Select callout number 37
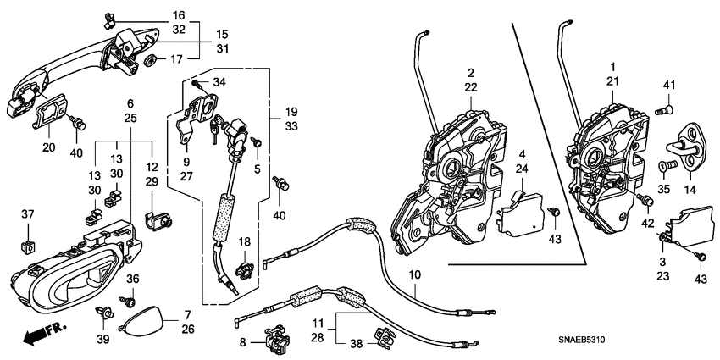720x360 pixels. [27, 213]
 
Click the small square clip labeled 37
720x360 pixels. [27, 243]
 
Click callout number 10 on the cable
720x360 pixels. [414, 275]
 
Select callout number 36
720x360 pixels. [132, 280]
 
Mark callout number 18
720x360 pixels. [243, 242]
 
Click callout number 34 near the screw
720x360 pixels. [219, 82]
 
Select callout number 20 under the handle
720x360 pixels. [48, 147]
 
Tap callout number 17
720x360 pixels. [177, 59]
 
